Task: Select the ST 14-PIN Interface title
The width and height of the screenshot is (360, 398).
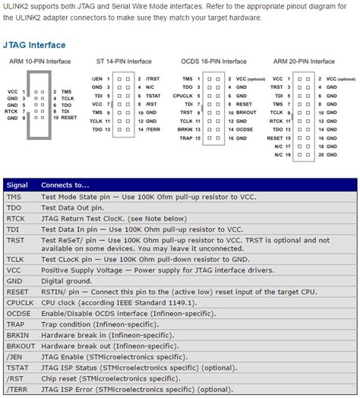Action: [124, 61]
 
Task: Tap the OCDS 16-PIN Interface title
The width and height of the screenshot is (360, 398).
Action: [214, 61]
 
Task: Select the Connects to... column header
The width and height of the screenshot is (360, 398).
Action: [65, 185]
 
